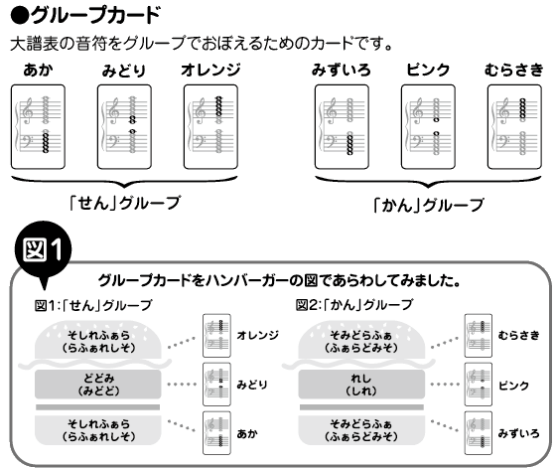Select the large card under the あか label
click(x=38, y=127)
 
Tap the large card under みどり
click(x=124, y=127)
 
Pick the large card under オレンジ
click(x=210, y=127)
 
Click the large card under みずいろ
click(x=342, y=127)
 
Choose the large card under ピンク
click(x=428, y=127)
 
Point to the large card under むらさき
click(x=514, y=127)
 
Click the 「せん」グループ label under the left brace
click(x=124, y=204)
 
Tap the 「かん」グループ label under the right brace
click(x=428, y=205)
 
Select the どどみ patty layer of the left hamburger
click(x=98, y=385)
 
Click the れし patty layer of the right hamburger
click(x=361, y=385)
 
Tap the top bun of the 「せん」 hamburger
click(x=98, y=340)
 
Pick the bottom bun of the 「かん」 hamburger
click(x=361, y=430)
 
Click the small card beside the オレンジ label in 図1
click(x=216, y=336)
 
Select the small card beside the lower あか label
click(x=216, y=433)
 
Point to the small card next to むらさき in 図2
click(x=479, y=336)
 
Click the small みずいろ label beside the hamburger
click(x=518, y=433)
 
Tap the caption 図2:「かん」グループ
click(x=354, y=305)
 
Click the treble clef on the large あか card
click(x=27, y=110)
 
